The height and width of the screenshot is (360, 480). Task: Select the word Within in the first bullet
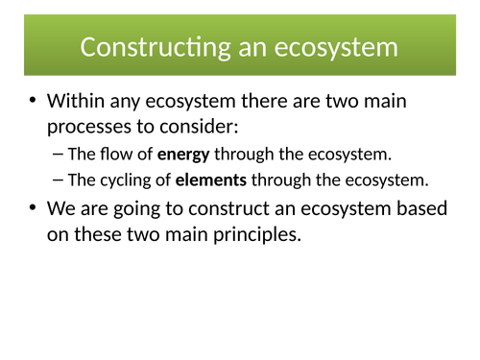click(x=82, y=101)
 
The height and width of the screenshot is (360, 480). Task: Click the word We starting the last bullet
click(x=62, y=206)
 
